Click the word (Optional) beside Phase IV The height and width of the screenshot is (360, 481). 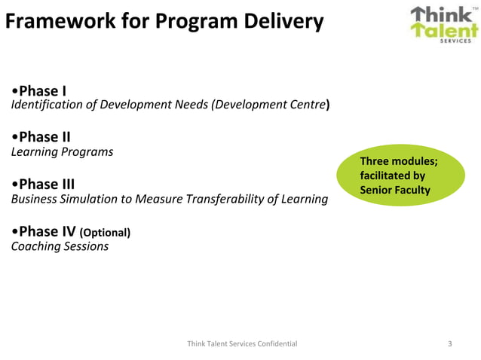105,233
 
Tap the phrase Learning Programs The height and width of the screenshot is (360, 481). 63,152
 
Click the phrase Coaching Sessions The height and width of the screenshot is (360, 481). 60,246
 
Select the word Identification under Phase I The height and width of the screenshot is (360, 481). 46,105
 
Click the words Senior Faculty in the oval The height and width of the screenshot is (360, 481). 394,190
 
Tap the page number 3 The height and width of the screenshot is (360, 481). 450,343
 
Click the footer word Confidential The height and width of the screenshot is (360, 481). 274,343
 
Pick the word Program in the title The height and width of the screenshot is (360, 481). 193,22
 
